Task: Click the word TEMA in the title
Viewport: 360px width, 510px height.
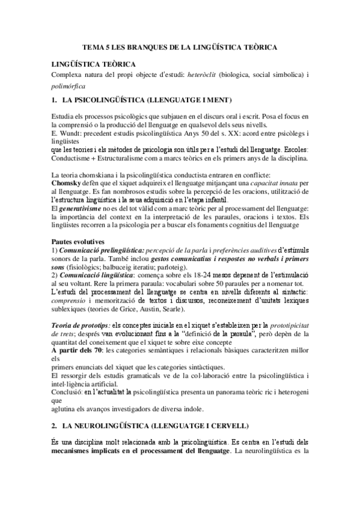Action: pyautogui.click(x=92, y=47)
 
